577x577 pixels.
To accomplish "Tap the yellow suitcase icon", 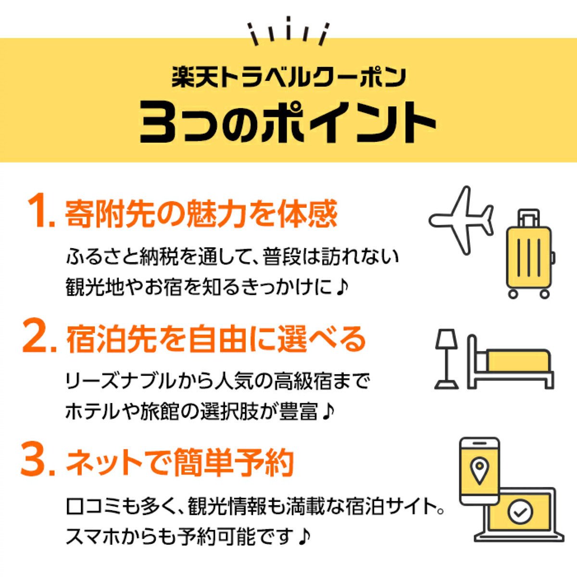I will tap(529, 255).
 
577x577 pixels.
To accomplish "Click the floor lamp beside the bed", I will tap(447, 358).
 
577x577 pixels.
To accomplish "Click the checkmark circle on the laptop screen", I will tap(520, 512).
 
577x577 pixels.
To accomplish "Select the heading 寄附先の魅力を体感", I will tap(201, 213).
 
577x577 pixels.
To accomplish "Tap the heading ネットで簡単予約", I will tap(179, 462).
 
